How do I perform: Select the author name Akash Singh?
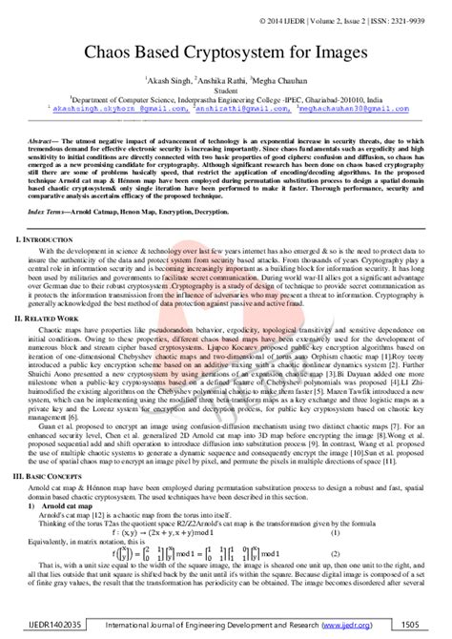(169, 82)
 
